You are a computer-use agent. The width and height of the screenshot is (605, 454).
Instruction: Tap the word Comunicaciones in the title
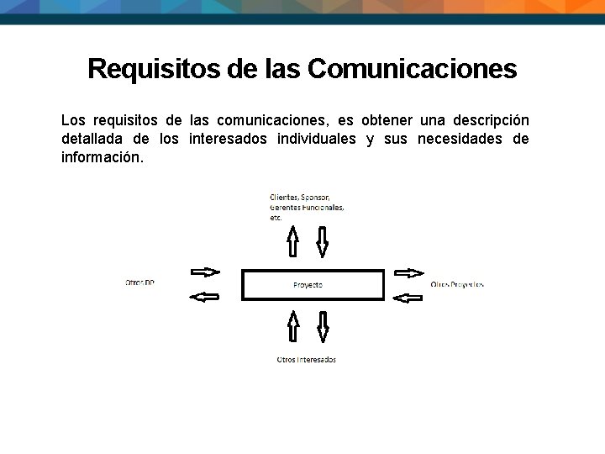click(412, 68)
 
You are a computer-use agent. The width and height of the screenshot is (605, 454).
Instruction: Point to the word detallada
click(92, 138)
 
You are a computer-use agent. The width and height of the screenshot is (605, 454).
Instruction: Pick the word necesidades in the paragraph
click(460, 138)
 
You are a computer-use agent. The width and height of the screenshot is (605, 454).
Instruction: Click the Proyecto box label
click(308, 285)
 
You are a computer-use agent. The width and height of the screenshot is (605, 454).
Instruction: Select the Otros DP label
click(139, 283)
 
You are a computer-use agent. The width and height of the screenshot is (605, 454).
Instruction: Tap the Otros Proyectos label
click(457, 284)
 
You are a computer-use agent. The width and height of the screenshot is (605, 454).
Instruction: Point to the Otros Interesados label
click(307, 360)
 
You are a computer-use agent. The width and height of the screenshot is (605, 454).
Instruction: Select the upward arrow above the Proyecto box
click(292, 241)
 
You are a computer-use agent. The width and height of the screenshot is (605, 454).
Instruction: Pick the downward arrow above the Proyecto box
click(322, 242)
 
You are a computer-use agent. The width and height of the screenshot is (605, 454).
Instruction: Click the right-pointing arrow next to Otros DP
click(205, 272)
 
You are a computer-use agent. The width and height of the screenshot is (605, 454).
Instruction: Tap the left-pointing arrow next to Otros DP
click(205, 296)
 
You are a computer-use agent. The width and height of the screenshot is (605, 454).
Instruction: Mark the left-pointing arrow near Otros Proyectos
click(408, 296)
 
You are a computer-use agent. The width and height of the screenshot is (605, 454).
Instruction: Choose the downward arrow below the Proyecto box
click(322, 327)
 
